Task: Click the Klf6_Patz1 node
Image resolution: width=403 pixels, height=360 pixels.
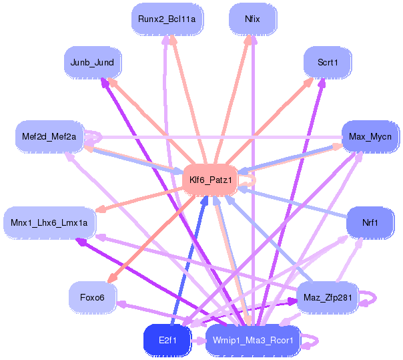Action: coord(210,180)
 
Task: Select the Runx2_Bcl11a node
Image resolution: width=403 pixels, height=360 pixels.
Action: coord(167,19)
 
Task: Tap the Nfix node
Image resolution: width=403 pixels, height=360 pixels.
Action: coord(253,19)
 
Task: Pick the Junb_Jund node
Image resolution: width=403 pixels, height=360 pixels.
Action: coord(93,63)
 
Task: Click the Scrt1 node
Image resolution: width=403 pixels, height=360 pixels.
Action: coord(328,63)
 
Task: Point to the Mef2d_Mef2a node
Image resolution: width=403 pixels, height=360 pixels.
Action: coord(49,137)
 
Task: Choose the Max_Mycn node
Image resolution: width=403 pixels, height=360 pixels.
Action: coord(370,137)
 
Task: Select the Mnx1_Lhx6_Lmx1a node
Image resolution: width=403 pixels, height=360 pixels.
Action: coord(49,223)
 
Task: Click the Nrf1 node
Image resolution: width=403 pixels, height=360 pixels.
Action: coord(370,223)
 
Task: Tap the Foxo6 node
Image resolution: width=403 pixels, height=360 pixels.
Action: coord(93,297)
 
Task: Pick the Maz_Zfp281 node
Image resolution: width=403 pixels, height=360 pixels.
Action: coord(328,297)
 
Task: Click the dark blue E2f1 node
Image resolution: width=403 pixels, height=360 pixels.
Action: coord(167,341)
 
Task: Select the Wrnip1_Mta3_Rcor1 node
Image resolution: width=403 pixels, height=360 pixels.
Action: coord(253,341)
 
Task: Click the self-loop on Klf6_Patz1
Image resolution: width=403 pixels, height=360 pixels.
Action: coord(254,180)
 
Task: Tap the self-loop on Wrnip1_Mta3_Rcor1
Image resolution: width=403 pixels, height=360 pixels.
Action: coord(317,341)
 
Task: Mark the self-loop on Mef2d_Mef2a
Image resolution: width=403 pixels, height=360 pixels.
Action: coord(101,137)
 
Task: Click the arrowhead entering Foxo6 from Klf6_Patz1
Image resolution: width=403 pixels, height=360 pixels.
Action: coord(111,279)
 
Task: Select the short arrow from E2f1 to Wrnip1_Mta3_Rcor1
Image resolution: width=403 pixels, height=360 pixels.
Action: coord(198,341)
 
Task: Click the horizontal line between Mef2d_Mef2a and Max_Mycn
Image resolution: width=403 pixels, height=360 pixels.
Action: coord(222,137)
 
